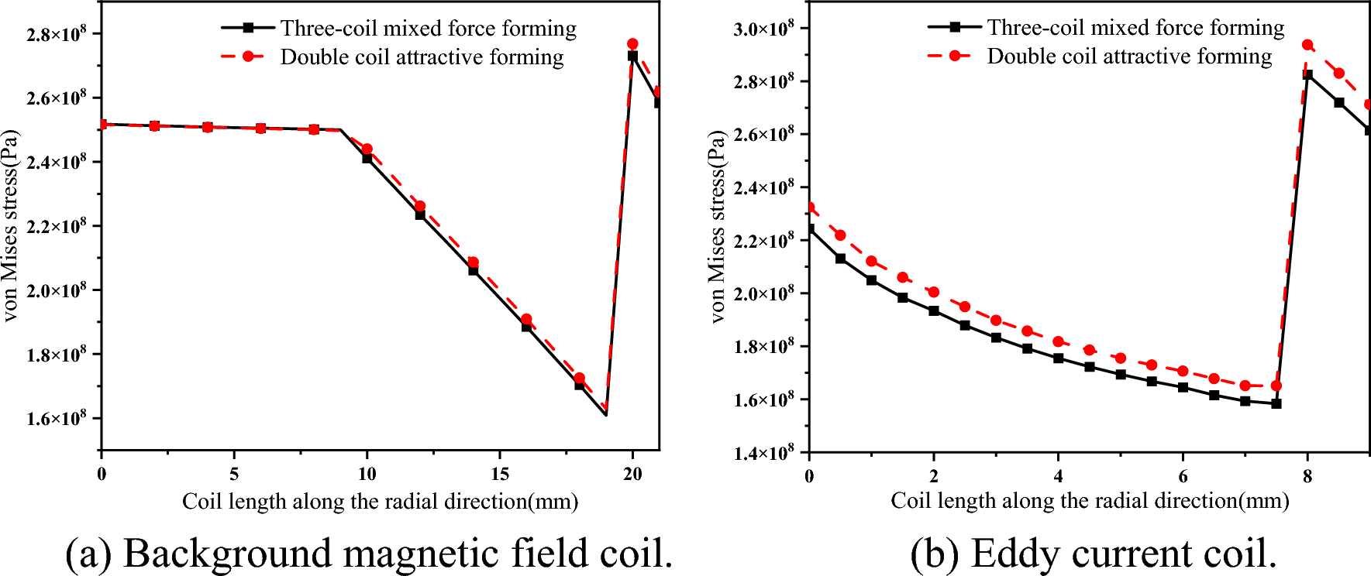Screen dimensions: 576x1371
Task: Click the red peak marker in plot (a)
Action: (x=632, y=44)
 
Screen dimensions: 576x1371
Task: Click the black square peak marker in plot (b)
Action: (x=1307, y=74)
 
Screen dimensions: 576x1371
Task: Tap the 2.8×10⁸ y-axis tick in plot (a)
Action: (x=56, y=34)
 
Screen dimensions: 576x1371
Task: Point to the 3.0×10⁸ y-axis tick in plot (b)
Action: (x=763, y=29)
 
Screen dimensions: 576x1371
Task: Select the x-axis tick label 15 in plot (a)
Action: (x=500, y=474)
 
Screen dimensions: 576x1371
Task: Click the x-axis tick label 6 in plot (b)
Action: (x=1183, y=476)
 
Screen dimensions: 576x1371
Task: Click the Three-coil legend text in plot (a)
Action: (x=428, y=29)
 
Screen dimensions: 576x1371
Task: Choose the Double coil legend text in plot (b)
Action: (x=1129, y=57)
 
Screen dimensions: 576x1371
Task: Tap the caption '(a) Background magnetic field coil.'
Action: (x=369, y=553)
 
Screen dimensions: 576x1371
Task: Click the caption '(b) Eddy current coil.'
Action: (x=1094, y=553)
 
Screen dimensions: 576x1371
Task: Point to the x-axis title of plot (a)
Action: (x=380, y=502)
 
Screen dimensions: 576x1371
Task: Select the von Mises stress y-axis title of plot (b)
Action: (x=718, y=226)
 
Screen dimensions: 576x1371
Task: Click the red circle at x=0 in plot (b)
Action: (x=809, y=207)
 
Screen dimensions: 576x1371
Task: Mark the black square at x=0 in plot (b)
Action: (x=809, y=229)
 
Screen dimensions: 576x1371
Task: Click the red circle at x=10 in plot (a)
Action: (x=367, y=149)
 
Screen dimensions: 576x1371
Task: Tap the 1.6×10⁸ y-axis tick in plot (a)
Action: (x=56, y=419)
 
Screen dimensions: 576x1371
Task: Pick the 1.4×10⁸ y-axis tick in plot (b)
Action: (x=763, y=453)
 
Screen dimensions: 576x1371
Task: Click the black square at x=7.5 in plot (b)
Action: (x=1276, y=403)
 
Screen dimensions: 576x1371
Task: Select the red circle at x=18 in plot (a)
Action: (x=579, y=378)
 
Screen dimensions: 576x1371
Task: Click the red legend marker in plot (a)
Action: (x=248, y=57)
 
